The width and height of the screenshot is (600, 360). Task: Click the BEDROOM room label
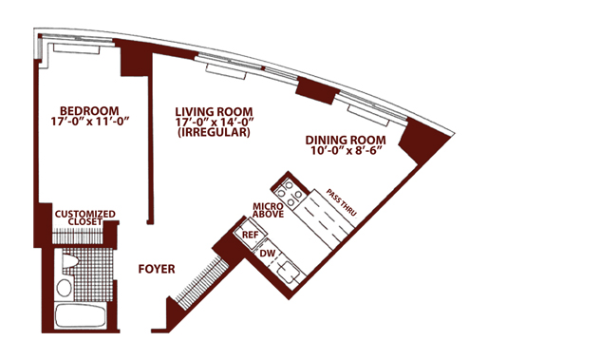click(89, 111)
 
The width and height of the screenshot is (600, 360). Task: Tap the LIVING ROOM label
click(214, 112)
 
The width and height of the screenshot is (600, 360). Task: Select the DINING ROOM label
click(346, 141)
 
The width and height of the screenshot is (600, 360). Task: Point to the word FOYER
click(157, 269)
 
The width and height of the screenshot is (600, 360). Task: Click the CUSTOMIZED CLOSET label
click(84, 218)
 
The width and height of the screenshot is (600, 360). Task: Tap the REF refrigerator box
click(249, 235)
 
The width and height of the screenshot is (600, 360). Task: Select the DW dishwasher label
click(268, 254)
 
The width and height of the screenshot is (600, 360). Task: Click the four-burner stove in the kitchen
click(291, 193)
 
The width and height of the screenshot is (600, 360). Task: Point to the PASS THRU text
click(342, 202)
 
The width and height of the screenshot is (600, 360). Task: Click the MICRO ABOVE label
click(269, 210)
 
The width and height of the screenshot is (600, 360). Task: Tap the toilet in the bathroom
click(69, 261)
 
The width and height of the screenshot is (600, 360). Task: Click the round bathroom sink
click(64, 287)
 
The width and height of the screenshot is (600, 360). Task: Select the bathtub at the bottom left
click(80, 315)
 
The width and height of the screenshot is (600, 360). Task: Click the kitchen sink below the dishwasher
click(288, 273)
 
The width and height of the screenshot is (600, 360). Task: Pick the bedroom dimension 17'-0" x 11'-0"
click(89, 121)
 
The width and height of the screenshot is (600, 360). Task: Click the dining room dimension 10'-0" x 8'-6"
click(347, 150)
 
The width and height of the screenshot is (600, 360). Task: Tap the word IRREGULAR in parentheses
click(214, 132)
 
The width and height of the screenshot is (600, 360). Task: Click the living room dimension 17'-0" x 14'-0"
click(215, 122)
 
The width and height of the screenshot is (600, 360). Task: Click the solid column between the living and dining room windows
click(318, 90)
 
